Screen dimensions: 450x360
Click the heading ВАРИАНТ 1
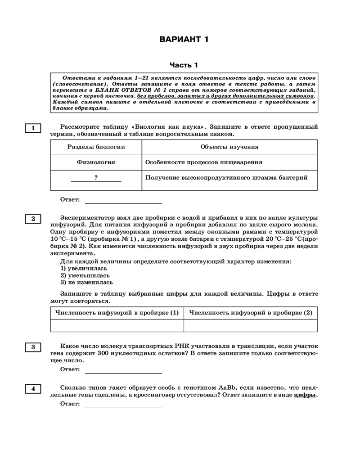(184, 40)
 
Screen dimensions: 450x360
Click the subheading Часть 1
(184, 65)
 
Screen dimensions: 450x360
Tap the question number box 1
(33, 128)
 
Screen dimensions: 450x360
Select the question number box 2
(33, 219)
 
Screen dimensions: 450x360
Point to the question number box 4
(33, 388)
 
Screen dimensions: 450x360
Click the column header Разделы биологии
(96, 147)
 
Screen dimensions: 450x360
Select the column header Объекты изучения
(229, 147)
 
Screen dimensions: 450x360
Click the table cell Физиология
(96, 162)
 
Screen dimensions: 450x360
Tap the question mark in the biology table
(96, 178)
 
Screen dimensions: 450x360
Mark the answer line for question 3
(123, 371)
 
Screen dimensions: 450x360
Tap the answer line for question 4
(123, 405)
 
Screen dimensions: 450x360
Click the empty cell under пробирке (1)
(117, 325)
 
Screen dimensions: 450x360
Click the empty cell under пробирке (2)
(250, 325)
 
